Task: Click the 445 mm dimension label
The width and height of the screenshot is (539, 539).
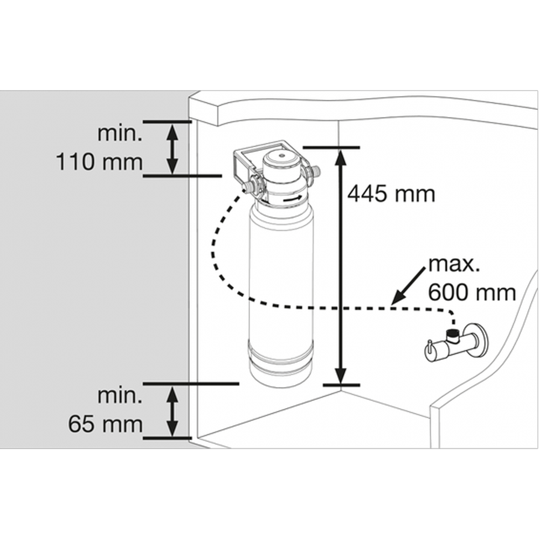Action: (391, 194)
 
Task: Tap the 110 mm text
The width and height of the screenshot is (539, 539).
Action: (99, 162)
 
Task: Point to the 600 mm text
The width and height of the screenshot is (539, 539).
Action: (472, 293)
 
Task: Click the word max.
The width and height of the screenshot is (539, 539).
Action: (453, 265)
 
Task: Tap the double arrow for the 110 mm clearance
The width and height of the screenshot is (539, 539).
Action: (172, 149)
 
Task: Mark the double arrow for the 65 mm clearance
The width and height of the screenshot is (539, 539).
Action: (172, 411)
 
